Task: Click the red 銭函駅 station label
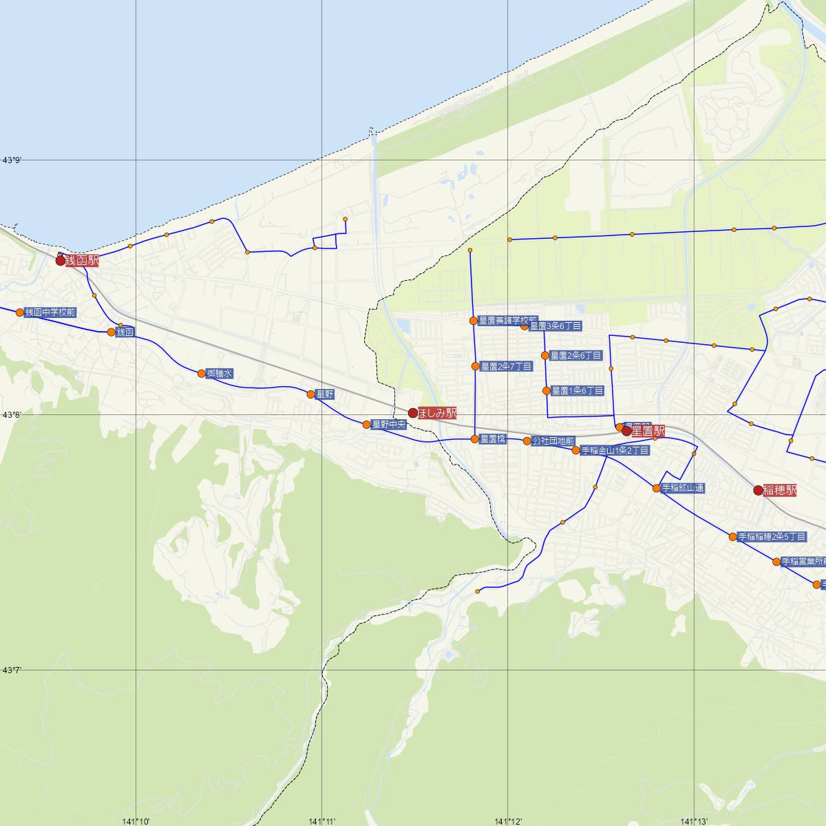click(x=82, y=261)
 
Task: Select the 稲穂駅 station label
click(x=780, y=490)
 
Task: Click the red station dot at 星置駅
click(x=626, y=432)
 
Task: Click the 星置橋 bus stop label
click(x=493, y=439)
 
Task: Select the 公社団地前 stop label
click(x=553, y=441)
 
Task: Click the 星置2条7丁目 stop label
click(x=506, y=366)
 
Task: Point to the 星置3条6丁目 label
click(x=555, y=326)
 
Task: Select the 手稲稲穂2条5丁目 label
click(x=772, y=537)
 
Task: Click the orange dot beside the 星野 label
click(x=310, y=394)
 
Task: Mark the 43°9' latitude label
click(x=12, y=160)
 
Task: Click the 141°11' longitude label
click(x=322, y=821)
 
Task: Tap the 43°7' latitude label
click(x=12, y=670)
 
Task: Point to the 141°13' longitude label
click(x=694, y=821)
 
